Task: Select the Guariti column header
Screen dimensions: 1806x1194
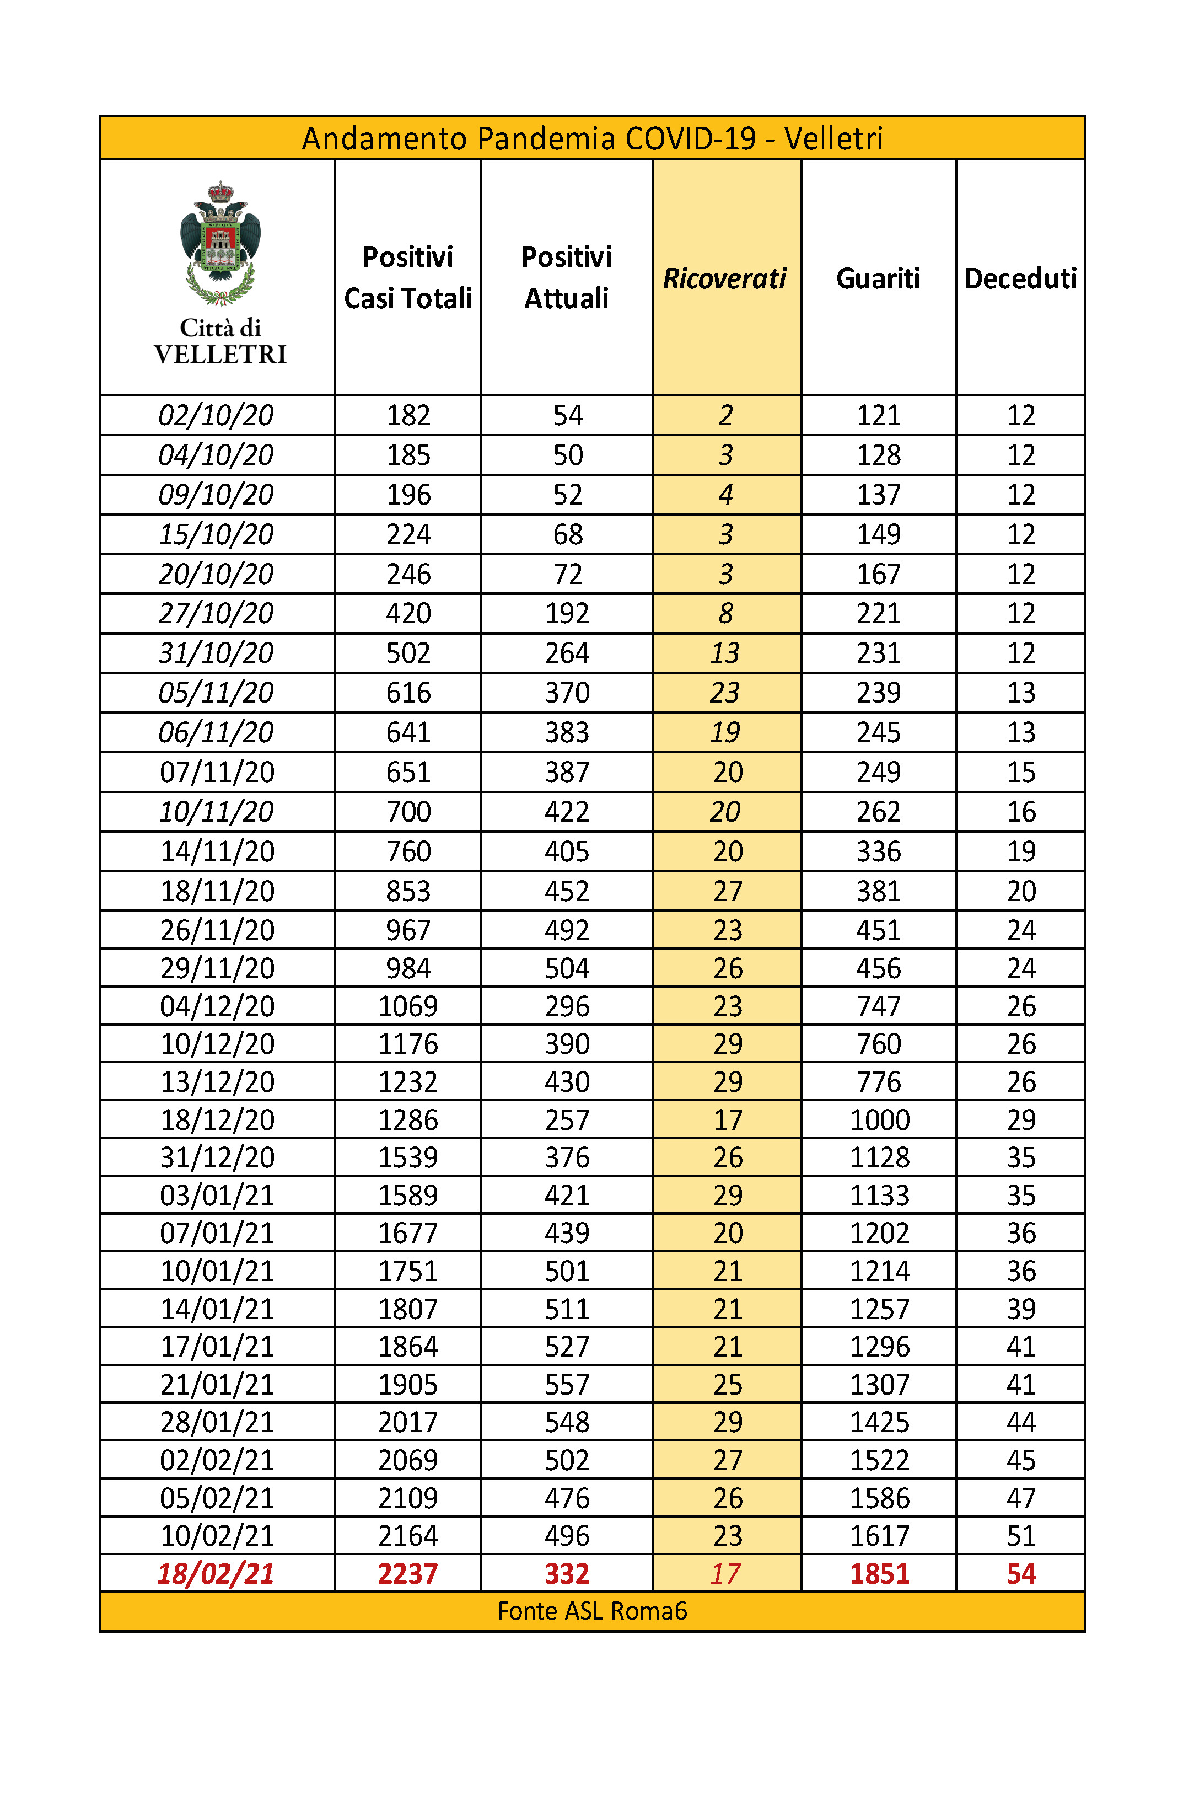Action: tap(878, 279)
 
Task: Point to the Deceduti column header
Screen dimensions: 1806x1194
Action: tap(1020, 279)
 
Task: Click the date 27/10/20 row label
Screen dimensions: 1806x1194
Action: tap(216, 613)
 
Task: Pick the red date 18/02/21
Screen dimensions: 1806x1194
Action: tap(216, 1574)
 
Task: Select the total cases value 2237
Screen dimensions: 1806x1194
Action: tap(408, 1574)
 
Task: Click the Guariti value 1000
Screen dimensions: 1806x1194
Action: tap(879, 1119)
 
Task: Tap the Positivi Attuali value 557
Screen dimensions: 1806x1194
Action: tap(567, 1385)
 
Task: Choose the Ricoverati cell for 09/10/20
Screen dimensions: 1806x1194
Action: tap(725, 494)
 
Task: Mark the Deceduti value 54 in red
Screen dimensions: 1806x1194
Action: tap(1021, 1574)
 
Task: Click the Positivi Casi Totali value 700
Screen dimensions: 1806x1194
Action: tap(408, 811)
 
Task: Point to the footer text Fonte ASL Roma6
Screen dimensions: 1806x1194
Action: tap(593, 1611)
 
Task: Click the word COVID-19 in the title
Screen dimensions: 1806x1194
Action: tap(691, 138)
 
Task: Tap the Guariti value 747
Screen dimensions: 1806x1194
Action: tap(879, 1006)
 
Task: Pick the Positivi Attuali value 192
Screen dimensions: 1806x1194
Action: tap(567, 613)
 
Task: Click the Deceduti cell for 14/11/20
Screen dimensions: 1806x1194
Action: tap(1021, 851)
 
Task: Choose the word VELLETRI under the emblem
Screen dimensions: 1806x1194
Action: tap(220, 354)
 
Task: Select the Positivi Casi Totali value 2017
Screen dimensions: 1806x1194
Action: tap(408, 1422)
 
